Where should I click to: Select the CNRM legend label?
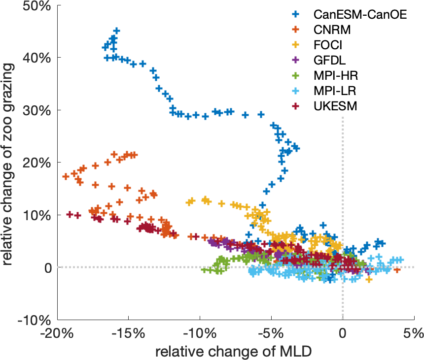click(x=332, y=30)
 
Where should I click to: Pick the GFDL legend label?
click(x=329, y=60)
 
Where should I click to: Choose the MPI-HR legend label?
click(x=335, y=76)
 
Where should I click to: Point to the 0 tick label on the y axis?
click(x=47, y=268)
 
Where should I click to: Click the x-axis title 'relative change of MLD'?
click(x=233, y=351)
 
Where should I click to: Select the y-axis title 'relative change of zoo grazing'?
click(x=10, y=163)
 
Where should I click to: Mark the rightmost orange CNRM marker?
click(x=397, y=270)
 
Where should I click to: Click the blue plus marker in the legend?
click(x=296, y=14)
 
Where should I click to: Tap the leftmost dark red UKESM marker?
click(x=70, y=215)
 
